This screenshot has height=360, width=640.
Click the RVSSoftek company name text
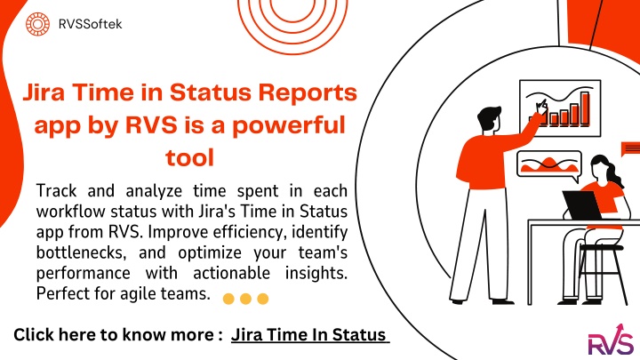pyautogui.click(x=90, y=24)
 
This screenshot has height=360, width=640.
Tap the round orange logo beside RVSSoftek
pyautogui.click(x=37, y=24)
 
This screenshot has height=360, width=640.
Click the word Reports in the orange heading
pyautogui.click(x=308, y=94)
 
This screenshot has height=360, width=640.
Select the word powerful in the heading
pyautogui.click(x=289, y=125)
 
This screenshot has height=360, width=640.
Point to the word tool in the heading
pyautogui.click(x=190, y=157)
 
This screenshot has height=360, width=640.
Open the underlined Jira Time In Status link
pyautogui.click(x=309, y=335)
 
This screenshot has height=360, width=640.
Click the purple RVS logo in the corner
pyautogui.click(x=611, y=340)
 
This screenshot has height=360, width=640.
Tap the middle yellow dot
pyautogui.click(x=245, y=299)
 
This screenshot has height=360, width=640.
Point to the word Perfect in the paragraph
pyautogui.click(x=61, y=293)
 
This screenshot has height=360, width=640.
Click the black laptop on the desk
pyautogui.click(x=583, y=205)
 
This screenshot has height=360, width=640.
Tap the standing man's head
pyautogui.click(x=489, y=118)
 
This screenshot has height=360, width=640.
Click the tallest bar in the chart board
pyautogui.click(x=585, y=108)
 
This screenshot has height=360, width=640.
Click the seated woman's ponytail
pyautogui.click(x=615, y=174)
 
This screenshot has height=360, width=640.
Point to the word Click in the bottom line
pyautogui.click(x=34, y=335)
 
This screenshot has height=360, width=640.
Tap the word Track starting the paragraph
pyautogui.click(x=56, y=191)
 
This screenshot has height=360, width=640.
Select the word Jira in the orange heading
pyautogui.click(x=44, y=92)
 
